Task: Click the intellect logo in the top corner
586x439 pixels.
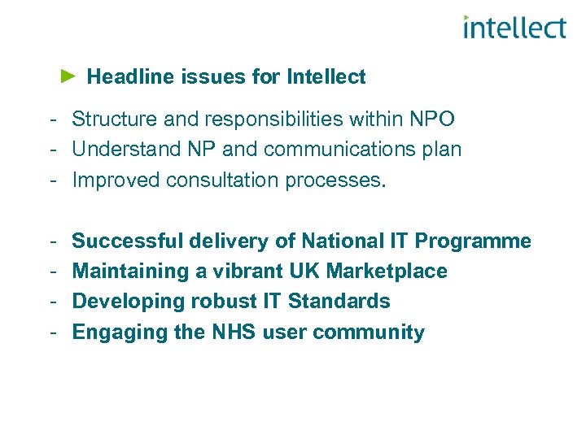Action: (x=514, y=28)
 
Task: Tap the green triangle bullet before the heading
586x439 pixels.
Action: (x=68, y=76)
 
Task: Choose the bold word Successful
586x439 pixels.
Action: (x=128, y=241)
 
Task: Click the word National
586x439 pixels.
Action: (x=339, y=241)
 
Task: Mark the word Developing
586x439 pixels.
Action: (x=128, y=302)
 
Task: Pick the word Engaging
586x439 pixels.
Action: (x=118, y=333)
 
